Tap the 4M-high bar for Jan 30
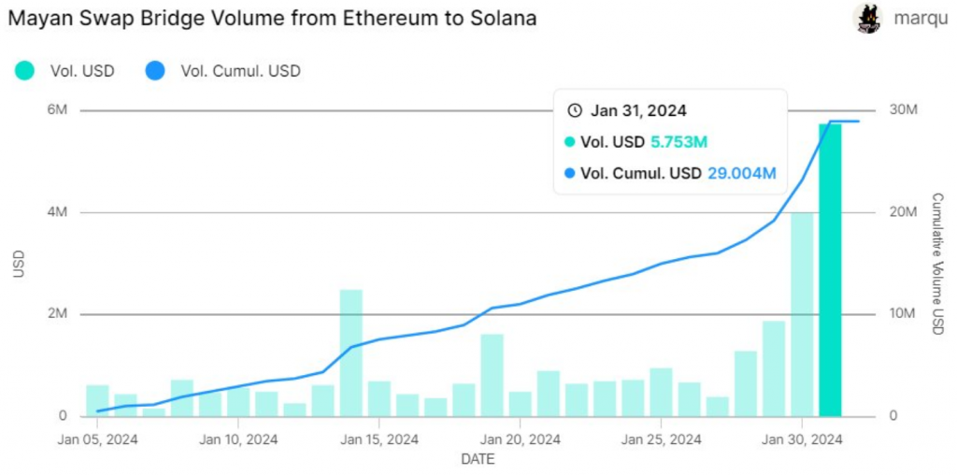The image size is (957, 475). click(x=802, y=314)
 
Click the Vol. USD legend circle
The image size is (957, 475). click(x=25, y=70)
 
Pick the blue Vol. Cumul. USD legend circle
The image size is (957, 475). click(x=156, y=70)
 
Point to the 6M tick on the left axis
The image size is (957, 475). click(x=56, y=110)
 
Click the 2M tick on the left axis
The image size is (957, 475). click(x=56, y=314)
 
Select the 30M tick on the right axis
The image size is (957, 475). click(x=903, y=110)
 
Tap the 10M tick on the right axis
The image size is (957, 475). click(x=903, y=314)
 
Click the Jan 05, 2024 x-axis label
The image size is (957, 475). click(x=97, y=439)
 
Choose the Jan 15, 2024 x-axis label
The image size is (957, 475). click(x=379, y=439)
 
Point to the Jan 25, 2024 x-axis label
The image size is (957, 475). click(x=661, y=439)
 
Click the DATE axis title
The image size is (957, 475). click(x=478, y=459)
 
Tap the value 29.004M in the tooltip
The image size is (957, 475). click(x=742, y=173)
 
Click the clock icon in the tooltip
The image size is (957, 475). click(x=575, y=110)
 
